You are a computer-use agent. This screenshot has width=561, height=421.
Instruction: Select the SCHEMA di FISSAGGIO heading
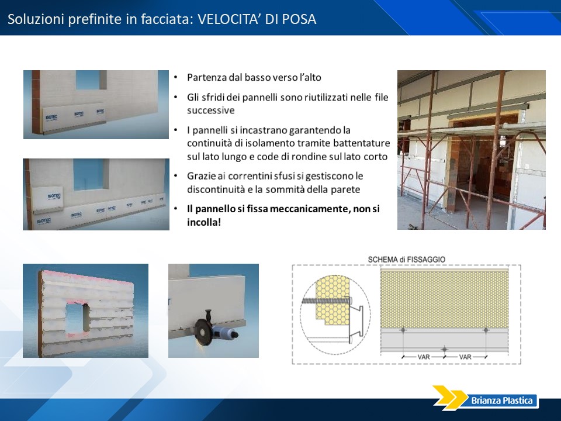click(x=407, y=259)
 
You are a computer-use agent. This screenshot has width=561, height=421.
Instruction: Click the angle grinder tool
click(x=214, y=328)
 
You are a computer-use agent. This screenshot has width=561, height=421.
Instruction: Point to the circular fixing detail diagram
click(x=335, y=315)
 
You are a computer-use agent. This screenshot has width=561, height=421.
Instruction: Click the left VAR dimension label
click(x=424, y=357)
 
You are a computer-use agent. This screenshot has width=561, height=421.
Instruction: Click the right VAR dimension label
click(x=465, y=357)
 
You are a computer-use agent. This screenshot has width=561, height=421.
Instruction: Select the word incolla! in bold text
click(x=204, y=222)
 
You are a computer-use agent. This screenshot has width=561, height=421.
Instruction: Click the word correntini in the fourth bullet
click(x=250, y=176)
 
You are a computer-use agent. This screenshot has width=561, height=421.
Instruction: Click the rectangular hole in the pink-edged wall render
click(x=77, y=317)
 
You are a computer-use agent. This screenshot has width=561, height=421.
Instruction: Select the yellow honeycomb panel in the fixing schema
click(x=444, y=299)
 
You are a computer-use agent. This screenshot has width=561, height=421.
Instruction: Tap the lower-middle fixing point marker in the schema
click(x=444, y=349)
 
